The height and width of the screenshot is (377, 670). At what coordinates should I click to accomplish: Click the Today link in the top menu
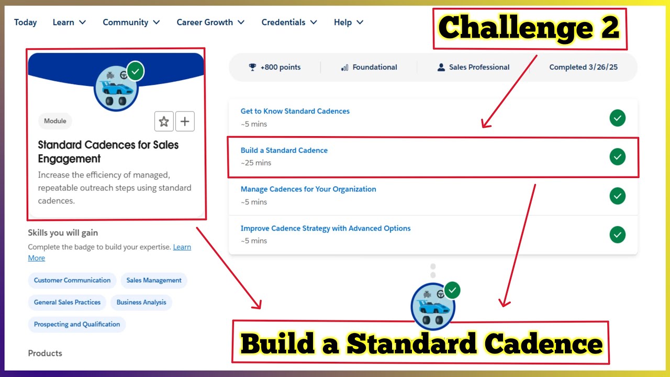(x=25, y=23)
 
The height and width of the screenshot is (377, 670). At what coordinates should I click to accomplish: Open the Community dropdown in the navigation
(x=131, y=23)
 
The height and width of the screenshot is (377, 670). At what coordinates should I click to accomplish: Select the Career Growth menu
(x=210, y=23)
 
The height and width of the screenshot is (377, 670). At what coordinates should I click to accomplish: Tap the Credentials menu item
(x=289, y=23)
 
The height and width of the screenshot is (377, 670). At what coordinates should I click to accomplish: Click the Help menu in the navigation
(x=348, y=23)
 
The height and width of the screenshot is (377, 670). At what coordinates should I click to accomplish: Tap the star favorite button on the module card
(x=164, y=121)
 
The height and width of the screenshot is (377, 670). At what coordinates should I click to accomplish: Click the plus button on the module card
(x=185, y=121)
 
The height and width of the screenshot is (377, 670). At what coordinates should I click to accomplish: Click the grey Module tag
(x=55, y=121)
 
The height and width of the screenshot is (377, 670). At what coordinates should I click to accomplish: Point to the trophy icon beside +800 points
(x=253, y=67)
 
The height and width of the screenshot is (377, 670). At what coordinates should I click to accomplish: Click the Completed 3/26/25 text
(x=583, y=67)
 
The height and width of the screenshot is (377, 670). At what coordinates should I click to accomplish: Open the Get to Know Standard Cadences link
(x=295, y=111)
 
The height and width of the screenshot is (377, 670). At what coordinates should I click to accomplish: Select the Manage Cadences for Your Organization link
(x=308, y=189)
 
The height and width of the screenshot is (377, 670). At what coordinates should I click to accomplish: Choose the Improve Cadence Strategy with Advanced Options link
(x=325, y=228)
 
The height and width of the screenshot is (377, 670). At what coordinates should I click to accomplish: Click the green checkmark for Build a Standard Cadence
(x=618, y=157)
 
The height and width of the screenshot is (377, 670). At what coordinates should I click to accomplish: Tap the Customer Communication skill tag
(x=72, y=280)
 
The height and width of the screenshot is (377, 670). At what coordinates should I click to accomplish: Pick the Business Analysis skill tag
(x=141, y=302)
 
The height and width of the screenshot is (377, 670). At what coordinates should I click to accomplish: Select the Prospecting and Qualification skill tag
(x=77, y=324)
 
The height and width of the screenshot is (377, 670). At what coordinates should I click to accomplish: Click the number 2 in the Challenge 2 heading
(x=610, y=28)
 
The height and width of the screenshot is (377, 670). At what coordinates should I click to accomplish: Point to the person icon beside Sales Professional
(x=441, y=67)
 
